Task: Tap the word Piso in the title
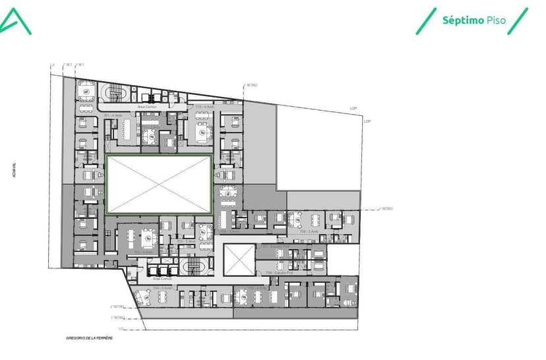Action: pos(495,20)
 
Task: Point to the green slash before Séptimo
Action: pos(426,20)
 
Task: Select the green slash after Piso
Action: pos(518,20)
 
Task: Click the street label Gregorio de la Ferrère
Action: pos(90,338)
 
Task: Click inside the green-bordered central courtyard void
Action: pos(159,184)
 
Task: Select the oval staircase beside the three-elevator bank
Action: pos(194,265)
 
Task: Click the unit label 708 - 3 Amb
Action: pos(309,232)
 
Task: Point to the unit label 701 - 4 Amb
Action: pos(110,115)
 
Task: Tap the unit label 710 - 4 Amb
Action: pos(204,107)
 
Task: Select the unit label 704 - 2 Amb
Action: pos(161,288)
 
